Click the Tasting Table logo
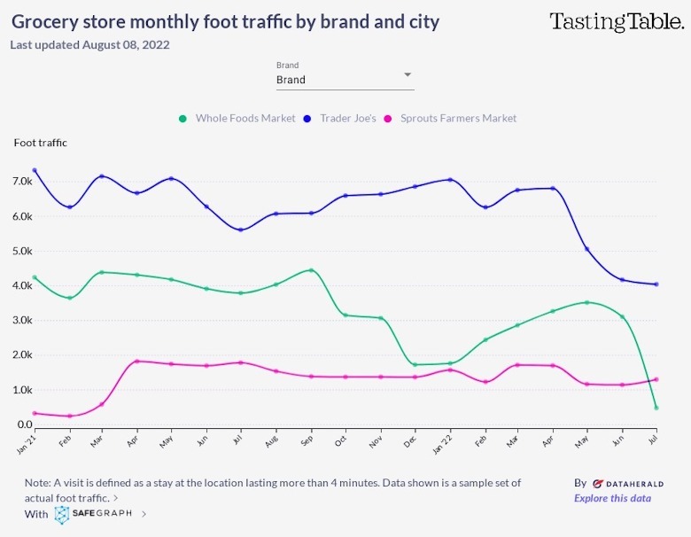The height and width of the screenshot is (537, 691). coord(617,22)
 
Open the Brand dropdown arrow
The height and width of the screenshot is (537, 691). coord(408,75)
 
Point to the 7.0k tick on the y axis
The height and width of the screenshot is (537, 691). coord(21,182)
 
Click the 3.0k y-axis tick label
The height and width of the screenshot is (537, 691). coord(21,321)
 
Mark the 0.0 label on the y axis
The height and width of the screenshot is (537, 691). coord(25,425)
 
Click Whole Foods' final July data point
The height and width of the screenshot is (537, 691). coord(656,408)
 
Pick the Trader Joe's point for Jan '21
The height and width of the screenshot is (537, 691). coord(35,170)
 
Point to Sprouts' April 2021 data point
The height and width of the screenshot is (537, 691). coord(136,362)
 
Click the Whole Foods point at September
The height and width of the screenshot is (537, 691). coord(311,270)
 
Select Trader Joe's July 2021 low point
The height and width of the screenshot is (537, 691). coord(240,230)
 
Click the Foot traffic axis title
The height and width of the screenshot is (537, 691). coord(40,143)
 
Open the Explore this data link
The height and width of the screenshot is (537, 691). coord(612,498)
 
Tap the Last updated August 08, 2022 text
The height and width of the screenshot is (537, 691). coord(89,44)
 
